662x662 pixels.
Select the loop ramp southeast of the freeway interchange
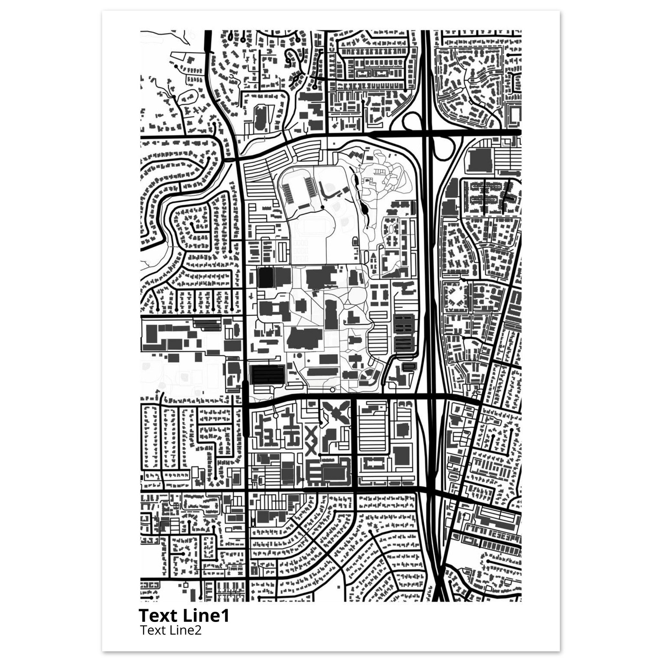tap(443, 147)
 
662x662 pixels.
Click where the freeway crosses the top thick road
tap(427, 132)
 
